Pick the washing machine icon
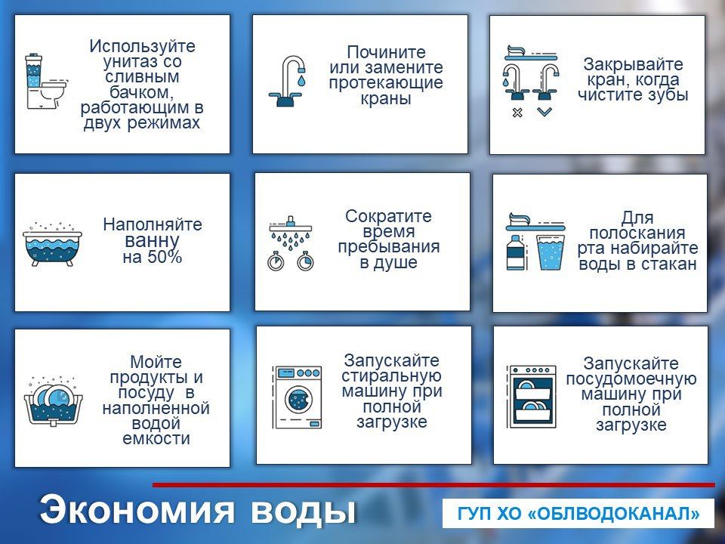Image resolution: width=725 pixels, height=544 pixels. (297, 397)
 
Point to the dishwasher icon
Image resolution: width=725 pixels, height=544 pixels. (532, 397)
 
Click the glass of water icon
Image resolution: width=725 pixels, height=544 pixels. (551, 252)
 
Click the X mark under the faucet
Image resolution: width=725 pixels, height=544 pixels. (517, 113)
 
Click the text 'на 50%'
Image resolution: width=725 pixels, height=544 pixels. (153, 257)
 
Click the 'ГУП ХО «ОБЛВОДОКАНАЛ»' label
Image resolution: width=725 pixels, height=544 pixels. (578, 514)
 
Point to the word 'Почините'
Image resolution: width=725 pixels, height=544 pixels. (386, 52)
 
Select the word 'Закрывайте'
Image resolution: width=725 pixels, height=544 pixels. (633, 64)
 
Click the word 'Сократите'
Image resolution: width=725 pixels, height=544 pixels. (388, 216)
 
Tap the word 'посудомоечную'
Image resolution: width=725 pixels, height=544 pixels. (631, 379)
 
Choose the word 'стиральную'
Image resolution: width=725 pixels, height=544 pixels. (391, 376)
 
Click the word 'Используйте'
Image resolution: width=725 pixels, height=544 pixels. (142, 46)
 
